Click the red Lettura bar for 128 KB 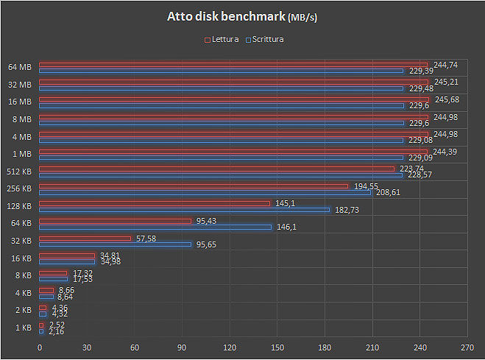[155, 203]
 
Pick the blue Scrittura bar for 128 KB [184, 209]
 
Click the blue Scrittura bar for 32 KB [115, 244]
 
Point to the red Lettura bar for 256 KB [193, 186]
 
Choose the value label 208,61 [388, 192]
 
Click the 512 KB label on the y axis [18, 172]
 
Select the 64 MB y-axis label [20, 67]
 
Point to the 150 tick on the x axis [277, 347]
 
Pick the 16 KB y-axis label [20, 258]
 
